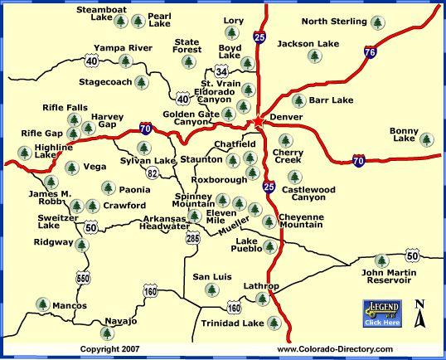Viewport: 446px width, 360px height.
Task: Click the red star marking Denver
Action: point(258,122)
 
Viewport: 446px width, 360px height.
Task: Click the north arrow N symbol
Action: point(420,315)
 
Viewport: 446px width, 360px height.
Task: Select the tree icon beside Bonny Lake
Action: point(426,139)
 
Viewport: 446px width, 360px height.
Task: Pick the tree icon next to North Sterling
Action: point(378,22)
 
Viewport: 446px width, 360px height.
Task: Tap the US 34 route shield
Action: point(221,71)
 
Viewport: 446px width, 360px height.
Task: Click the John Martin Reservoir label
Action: point(386,275)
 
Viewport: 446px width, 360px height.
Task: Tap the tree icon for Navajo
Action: point(106,333)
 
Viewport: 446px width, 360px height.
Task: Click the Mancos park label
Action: point(69,306)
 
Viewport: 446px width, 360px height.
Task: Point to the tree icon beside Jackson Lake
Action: point(314,56)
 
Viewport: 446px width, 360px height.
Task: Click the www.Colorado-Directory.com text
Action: point(334,350)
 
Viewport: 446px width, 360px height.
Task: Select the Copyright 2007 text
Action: point(109,350)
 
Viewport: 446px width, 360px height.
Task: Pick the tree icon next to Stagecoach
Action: point(141,83)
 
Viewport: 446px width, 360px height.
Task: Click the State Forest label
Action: point(187,46)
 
